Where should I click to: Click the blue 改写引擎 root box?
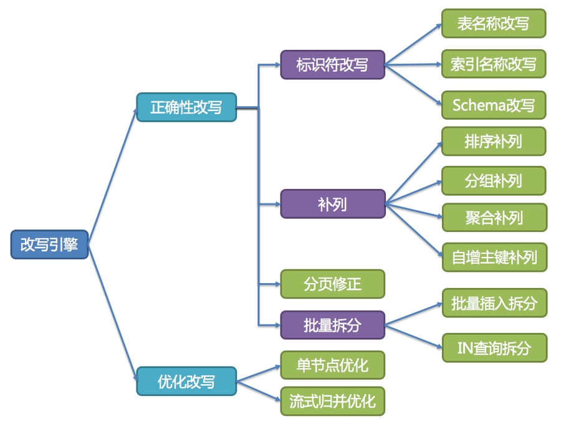pos(49,244)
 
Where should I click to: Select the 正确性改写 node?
pos(186,107)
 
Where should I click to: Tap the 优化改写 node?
pos(186,381)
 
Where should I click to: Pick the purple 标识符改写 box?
pos(332,64)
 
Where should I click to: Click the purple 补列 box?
pos(332,204)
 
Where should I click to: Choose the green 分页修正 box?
pos(332,284)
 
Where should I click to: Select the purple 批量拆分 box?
pos(332,324)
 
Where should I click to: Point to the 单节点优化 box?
pos(332,365)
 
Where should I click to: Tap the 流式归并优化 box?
pos(332,401)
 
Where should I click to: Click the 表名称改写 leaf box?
pos(493,24)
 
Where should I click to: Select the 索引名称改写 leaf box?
pos(493,64)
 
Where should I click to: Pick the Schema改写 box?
pos(493,105)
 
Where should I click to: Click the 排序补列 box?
pos(493,142)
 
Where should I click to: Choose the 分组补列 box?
pos(493,181)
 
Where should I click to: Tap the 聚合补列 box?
pos(493,218)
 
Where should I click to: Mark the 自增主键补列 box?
pos(493,257)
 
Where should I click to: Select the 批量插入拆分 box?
pos(493,304)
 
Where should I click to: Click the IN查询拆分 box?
pos(493,347)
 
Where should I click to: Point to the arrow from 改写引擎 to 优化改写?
pos(112,312)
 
